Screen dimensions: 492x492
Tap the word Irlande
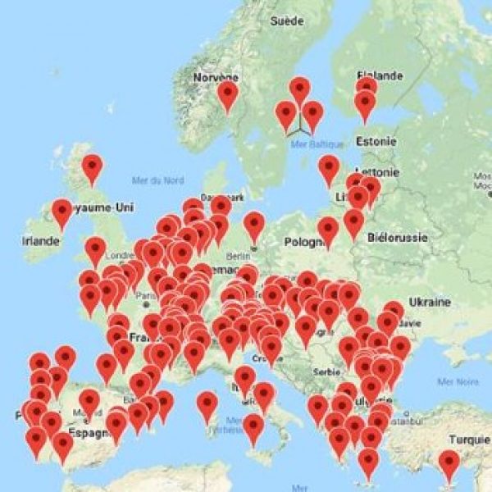tap(41, 241)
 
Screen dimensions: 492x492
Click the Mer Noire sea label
tap(456, 381)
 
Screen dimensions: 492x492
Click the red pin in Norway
tap(227, 95)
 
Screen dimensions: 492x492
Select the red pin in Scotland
tap(92, 168)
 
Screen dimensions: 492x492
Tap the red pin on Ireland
tap(61, 213)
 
